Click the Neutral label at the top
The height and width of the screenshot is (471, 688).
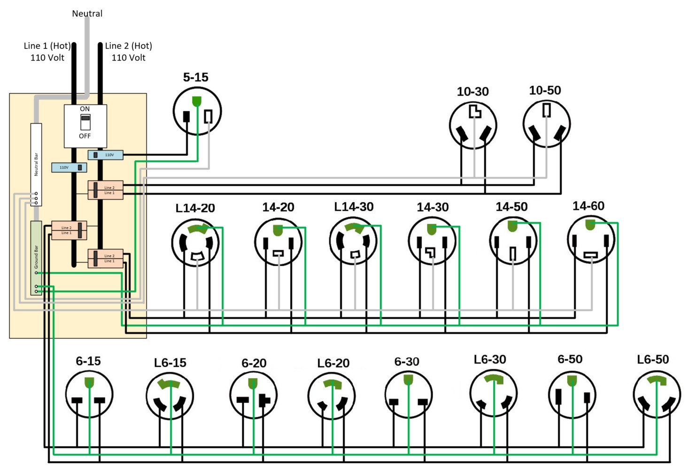87,14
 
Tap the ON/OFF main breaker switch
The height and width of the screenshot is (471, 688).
85,122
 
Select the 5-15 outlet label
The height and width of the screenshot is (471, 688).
195,77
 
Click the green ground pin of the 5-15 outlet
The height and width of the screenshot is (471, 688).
197,101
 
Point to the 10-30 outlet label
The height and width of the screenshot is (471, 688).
472,91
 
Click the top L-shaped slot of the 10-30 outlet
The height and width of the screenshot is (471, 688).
475,111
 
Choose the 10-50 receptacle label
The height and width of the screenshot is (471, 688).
545,90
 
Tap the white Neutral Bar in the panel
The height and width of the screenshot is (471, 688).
36,164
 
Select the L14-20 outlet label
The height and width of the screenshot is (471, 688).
195,208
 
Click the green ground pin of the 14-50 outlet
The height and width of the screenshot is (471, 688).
512,226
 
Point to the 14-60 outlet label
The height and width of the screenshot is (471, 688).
588,206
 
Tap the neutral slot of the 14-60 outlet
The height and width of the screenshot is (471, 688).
590,255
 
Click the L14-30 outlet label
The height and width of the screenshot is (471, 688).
354,207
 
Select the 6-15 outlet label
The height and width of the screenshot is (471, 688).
88,361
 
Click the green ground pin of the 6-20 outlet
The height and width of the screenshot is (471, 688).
253,383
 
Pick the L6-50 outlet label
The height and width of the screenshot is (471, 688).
653,359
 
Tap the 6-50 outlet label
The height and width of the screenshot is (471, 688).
570,359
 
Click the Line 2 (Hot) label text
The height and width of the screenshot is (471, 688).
128,46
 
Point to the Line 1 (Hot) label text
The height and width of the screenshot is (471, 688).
47,46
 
